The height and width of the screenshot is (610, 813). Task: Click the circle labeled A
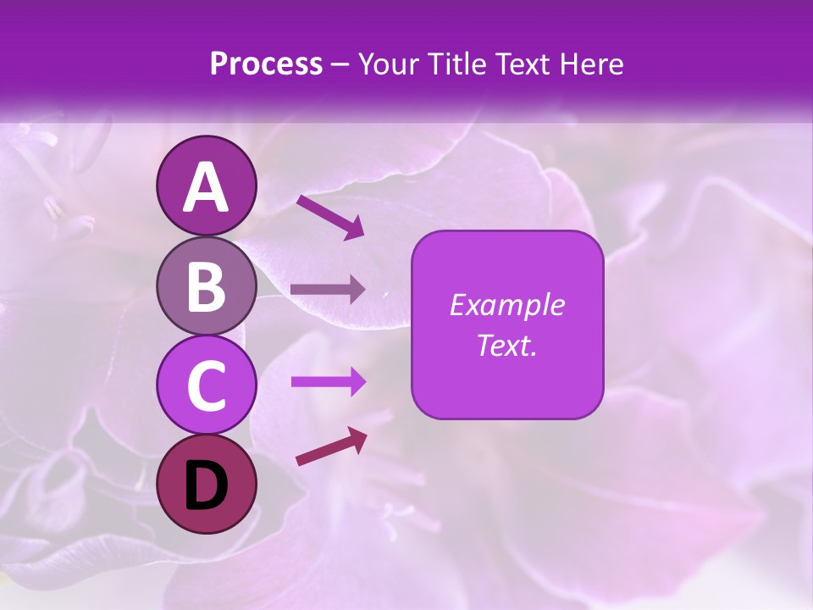pyautogui.click(x=206, y=186)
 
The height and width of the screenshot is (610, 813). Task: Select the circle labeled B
pyautogui.click(x=206, y=286)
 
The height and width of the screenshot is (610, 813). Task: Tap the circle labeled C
pyautogui.click(x=206, y=385)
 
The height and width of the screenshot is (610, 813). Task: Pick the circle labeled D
pyautogui.click(x=206, y=484)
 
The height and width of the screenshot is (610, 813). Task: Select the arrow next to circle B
pyautogui.click(x=328, y=290)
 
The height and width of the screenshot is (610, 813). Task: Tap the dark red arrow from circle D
pyautogui.click(x=331, y=446)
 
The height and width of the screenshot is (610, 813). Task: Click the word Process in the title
pyautogui.click(x=266, y=64)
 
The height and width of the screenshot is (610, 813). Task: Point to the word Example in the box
pyautogui.click(x=506, y=305)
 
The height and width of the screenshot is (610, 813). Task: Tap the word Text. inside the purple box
pyautogui.click(x=506, y=345)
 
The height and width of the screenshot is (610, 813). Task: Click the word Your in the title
pyautogui.click(x=386, y=64)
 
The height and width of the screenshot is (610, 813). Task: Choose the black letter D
pyautogui.click(x=206, y=485)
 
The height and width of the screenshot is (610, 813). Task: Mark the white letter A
pyautogui.click(x=206, y=187)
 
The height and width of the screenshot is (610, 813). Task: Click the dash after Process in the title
pyautogui.click(x=340, y=65)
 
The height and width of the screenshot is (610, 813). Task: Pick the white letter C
pyautogui.click(x=206, y=386)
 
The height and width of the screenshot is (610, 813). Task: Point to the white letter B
pyautogui.click(x=206, y=287)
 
